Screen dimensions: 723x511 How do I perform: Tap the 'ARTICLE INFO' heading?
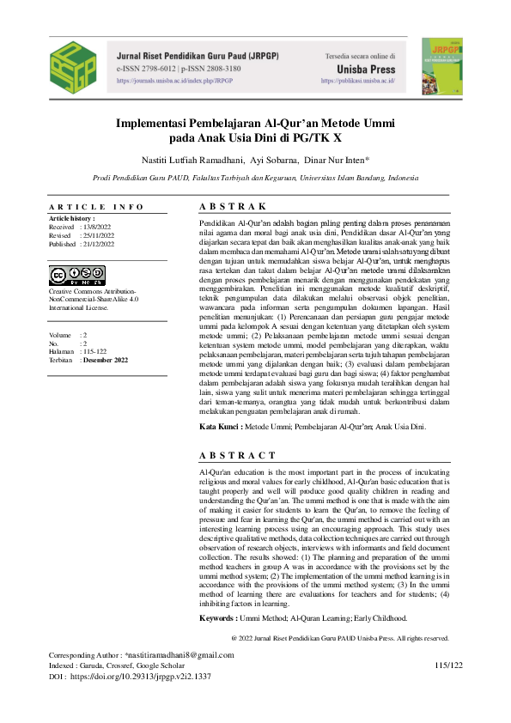coord(96,207)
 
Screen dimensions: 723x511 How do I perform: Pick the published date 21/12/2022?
coord(98,244)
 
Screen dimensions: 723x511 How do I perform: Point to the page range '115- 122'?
coord(96,351)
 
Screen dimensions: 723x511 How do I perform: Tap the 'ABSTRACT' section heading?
coord(237,454)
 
